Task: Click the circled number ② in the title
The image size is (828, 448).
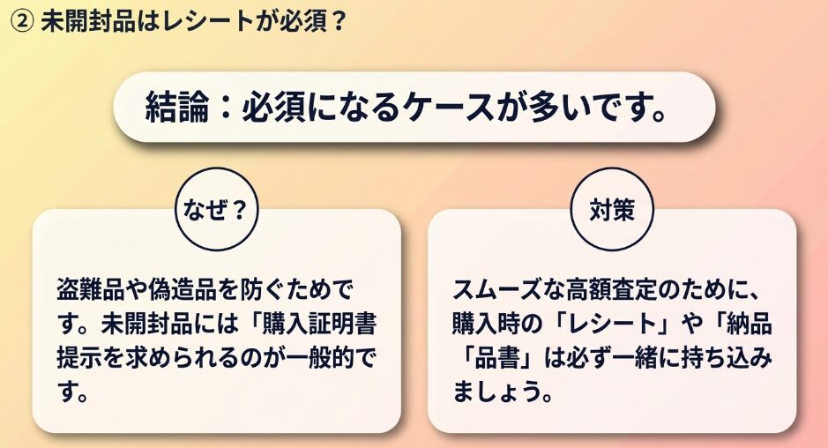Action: click(22, 22)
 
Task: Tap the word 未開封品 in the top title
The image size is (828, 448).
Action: click(87, 22)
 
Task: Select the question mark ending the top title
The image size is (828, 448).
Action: click(339, 22)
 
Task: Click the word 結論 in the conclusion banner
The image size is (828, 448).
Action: click(177, 108)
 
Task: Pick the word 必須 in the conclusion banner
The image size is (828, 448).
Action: click(273, 108)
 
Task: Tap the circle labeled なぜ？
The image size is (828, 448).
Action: click(217, 209)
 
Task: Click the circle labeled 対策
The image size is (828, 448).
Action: click(613, 209)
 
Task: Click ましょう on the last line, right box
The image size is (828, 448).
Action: click(496, 392)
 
